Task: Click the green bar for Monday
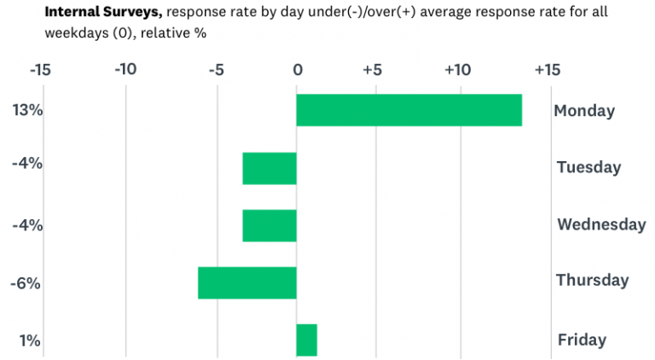(409, 110)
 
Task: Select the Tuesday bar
(270, 168)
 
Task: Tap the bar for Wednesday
(270, 225)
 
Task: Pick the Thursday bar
(247, 282)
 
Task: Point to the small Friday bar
(306, 340)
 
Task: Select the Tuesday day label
(588, 167)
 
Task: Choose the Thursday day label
(592, 280)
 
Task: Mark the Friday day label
(582, 340)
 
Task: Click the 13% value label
(27, 110)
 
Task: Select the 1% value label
(30, 340)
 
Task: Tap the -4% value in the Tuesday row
(27, 163)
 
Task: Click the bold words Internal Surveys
(96, 13)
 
